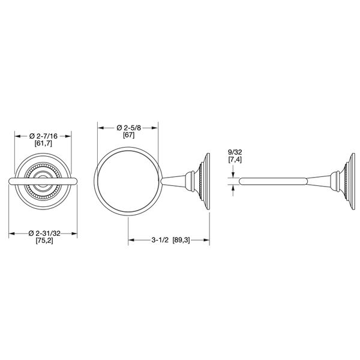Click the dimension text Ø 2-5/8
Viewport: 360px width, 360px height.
click(128, 128)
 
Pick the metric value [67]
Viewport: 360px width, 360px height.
click(128, 136)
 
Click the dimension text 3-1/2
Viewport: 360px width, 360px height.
click(160, 239)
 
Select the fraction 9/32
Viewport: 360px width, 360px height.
click(235, 152)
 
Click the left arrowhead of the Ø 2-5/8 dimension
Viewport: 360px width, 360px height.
click(100, 128)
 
